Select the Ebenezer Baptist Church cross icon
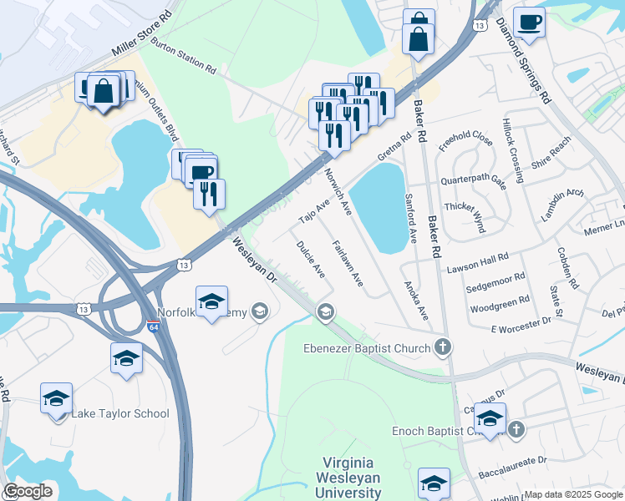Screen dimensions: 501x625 443,347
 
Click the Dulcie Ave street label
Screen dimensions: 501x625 310,259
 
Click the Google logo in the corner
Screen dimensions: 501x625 28,491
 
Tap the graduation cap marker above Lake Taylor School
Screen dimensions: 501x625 126,358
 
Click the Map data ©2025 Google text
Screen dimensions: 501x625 573,494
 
